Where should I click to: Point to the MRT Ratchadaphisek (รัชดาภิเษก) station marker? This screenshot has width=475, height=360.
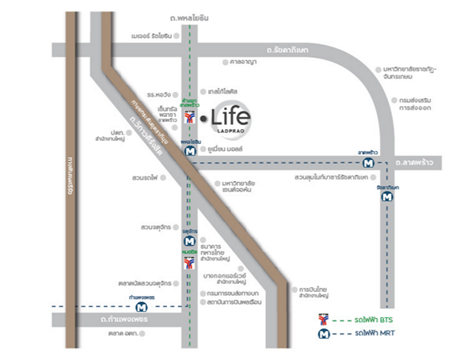click(386, 199)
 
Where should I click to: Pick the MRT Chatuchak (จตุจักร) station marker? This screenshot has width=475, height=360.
click(188, 241)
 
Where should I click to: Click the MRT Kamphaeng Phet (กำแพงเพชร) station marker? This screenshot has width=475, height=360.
click(140, 306)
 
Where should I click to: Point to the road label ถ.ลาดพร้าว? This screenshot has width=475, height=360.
click(419, 162)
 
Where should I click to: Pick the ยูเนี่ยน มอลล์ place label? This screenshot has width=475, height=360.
click(223, 148)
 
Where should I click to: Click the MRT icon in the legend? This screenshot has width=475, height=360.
click(323, 335)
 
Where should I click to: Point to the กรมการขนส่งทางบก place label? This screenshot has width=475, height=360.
click(234, 292)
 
